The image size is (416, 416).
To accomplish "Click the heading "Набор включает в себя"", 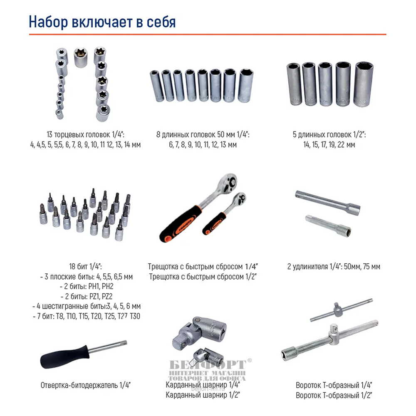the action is point(102,22).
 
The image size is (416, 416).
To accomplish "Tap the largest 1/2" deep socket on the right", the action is point(364,84).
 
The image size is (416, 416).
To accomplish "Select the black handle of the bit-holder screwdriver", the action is point(65,357).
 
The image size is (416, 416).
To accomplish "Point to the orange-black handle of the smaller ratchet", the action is point(214,224).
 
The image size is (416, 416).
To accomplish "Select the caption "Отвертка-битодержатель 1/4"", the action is point(85,385).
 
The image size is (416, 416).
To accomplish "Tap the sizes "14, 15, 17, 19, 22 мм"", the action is point(329,145).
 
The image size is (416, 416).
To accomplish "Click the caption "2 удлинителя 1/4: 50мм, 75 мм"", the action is point(334,266).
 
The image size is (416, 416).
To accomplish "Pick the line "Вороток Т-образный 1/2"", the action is point(334,395).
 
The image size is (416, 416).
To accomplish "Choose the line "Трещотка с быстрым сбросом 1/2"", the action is point(203,277).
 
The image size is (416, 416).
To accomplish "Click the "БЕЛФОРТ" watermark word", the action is point(208,365).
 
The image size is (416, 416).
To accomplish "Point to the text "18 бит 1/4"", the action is point(85,266).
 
